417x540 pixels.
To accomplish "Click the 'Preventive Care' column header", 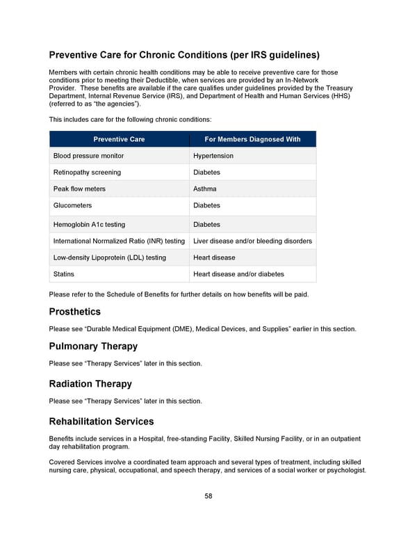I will (x=119, y=139).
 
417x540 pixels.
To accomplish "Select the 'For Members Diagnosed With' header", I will (x=252, y=139).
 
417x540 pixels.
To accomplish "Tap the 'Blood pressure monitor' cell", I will (x=88, y=156).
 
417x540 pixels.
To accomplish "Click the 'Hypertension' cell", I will (x=213, y=156).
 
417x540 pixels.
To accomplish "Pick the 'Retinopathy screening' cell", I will (x=87, y=172).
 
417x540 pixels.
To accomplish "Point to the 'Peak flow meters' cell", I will (x=79, y=189).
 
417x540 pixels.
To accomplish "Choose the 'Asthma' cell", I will (x=205, y=189).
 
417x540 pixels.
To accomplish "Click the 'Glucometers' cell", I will (x=72, y=205).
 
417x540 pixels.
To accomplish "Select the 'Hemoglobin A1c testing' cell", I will (x=89, y=225).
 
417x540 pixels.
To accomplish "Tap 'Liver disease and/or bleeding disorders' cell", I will (x=252, y=241).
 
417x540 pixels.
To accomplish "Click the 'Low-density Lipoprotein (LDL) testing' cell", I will (x=110, y=257).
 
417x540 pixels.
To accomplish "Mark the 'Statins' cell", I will (x=64, y=274).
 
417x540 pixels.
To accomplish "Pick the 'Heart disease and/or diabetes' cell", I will (x=238, y=274).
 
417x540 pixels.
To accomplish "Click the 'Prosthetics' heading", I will (x=74, y=312).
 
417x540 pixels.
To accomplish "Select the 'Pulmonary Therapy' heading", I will (x=93, y=347).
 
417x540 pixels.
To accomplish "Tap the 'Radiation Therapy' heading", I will (x=90, y=384).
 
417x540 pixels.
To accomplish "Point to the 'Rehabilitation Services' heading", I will (x=101, y=421).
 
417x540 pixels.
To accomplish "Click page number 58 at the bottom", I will (x=208, y=496).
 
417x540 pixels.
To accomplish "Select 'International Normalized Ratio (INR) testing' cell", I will (x=119, y=241).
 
